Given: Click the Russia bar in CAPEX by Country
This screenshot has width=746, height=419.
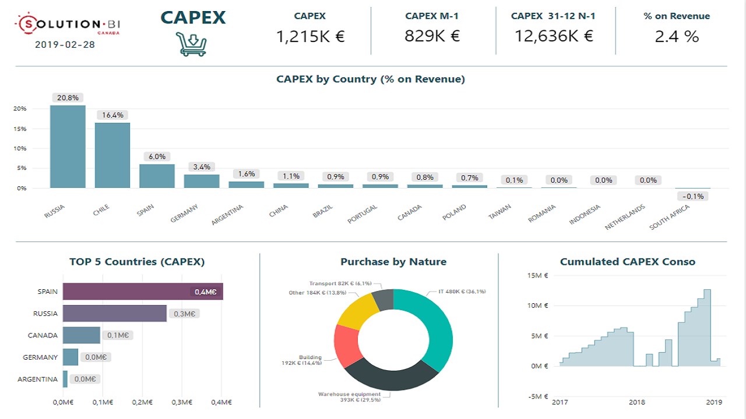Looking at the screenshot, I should pos(68,147).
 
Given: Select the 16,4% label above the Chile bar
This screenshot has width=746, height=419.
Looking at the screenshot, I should pos(112,115).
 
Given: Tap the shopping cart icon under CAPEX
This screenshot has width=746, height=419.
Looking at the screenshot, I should pos(192,44).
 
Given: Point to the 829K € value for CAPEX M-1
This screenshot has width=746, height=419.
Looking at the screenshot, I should pos(432,36).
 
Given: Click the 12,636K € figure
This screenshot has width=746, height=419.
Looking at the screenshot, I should pos(554,36).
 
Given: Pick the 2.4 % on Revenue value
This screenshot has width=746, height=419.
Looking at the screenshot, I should pos(677,37).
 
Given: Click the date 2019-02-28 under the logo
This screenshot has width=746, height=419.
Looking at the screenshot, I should pos(65,44).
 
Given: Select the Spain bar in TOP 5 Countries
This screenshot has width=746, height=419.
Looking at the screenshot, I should pos(143,292).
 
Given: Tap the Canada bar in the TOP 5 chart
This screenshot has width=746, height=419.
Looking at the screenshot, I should pos(82,335).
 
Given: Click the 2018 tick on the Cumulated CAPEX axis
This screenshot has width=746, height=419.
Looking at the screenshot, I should pos(637,402).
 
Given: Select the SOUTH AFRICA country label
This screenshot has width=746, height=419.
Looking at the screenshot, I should pos(670,217).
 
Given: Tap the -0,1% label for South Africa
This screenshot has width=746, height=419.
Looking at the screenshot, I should pos(693,196).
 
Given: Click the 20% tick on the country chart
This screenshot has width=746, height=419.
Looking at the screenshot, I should pos(20,109).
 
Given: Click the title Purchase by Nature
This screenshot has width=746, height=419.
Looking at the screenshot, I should pos(393,262).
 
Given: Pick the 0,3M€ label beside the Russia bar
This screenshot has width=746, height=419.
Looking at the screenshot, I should pos(185,314).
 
